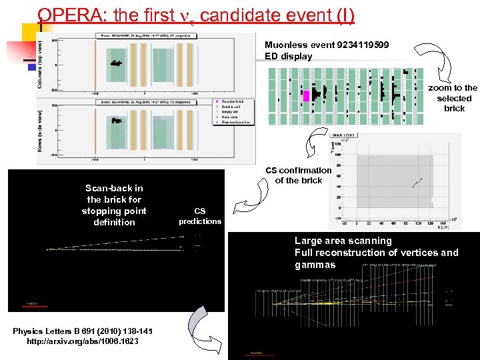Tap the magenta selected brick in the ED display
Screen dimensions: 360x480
(306, 96)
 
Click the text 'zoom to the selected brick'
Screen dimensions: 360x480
(453, 98)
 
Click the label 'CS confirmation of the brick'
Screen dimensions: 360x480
(298, 175)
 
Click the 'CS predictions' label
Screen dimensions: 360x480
(199, 216)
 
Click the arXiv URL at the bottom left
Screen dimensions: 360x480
(83, 342)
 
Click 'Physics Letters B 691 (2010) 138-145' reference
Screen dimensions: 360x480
(83, 331)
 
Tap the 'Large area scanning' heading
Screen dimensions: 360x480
(343, 241)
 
